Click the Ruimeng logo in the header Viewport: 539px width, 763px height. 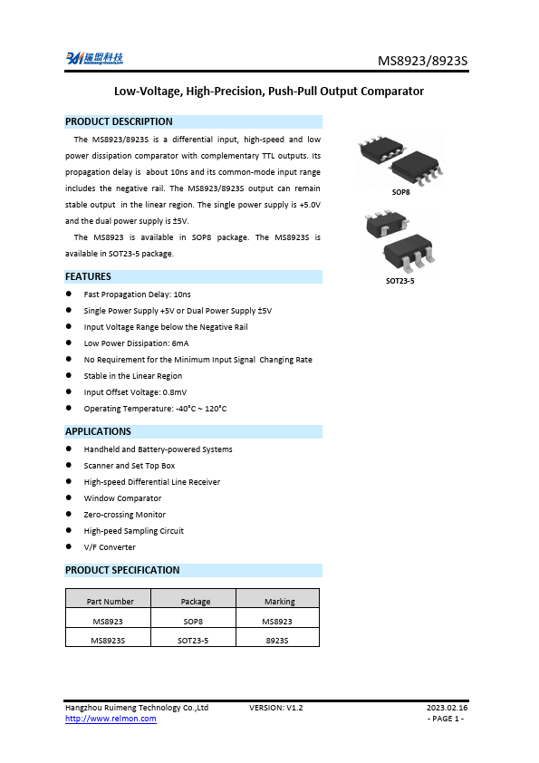click(94, 59)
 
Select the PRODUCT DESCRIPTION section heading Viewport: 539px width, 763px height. click(119, 121)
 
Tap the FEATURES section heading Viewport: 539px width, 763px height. click(88, 276)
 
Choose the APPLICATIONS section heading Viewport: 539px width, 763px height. click(98, 431)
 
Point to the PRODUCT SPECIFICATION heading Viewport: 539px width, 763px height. click(122, 570)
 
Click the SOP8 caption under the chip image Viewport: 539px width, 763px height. click(400, 193)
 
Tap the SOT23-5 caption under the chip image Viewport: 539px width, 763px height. click(399, 281)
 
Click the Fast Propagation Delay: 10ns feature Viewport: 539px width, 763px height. click(137, 295)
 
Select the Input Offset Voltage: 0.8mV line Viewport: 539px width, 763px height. click(135, 392)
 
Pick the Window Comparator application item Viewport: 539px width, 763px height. click(122, 498)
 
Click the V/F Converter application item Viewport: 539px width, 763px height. click(110, 547)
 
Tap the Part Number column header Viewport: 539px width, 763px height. click(110, 601)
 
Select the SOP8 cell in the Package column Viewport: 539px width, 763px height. click(193, 622)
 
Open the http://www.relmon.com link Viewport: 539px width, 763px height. click(111, 719)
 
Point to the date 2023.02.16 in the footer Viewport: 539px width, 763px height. click(447, 707)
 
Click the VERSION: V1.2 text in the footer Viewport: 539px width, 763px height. click(275, 707)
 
